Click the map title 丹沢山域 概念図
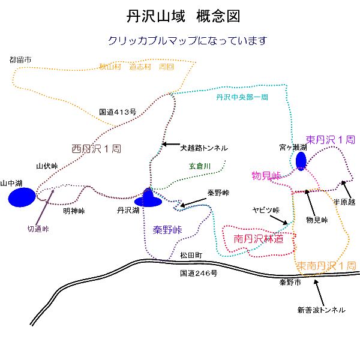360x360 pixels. (179, 16)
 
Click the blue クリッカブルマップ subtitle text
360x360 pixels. (187, 41)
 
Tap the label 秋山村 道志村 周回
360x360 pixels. (137, 67)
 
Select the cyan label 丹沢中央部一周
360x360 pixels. (241, 97)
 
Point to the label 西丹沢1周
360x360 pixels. (97, 149)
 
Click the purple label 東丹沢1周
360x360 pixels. (331, 139)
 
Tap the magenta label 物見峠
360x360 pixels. (266, 176)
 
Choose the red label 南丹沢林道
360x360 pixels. (259, 239)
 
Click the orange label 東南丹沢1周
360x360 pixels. (326, 265)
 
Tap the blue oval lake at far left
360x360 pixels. (22, 197)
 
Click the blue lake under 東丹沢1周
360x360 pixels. (301, 161)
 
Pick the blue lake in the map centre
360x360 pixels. (148, 197)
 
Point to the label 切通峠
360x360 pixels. (38, 229)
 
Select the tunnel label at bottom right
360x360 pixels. (322, 310)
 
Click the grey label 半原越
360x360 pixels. (345, 202)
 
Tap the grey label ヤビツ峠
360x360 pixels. (266, 210)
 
